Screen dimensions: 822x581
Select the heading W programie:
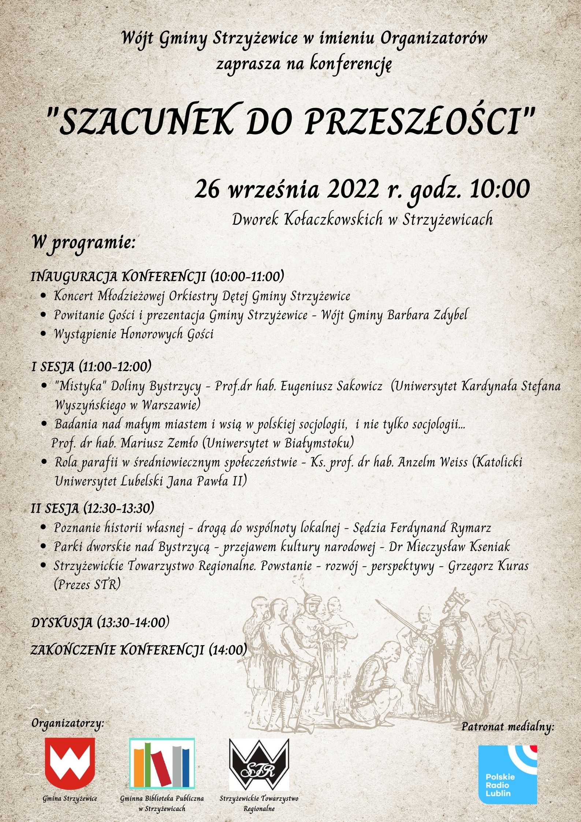click(84, 242)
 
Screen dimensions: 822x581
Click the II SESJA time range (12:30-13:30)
click(118, 508)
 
